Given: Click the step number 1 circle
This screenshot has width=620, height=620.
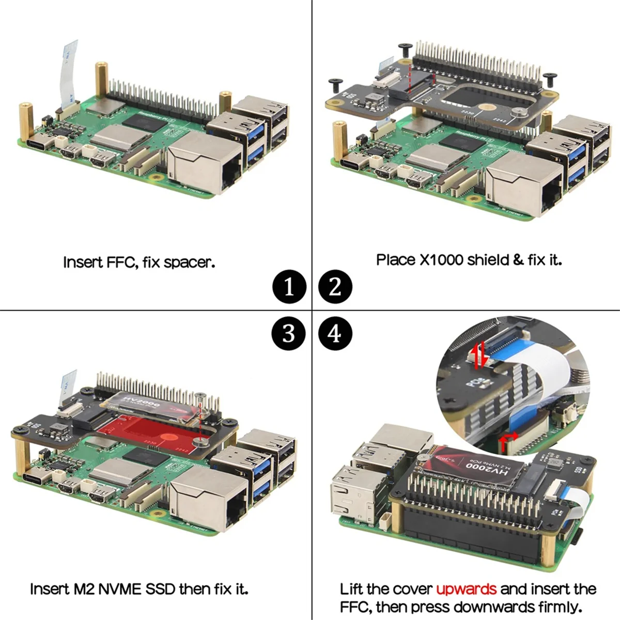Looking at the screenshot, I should (x=289, y=287).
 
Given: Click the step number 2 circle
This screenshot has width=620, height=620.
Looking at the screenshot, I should (x=335, y=287).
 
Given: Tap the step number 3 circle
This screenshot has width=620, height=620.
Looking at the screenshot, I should (x=289, y=333).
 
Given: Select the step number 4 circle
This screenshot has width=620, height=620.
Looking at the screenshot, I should (x=335, y=333).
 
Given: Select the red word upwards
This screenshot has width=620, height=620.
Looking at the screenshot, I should (x=466, y=589).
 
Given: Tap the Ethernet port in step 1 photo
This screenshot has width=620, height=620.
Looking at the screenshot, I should (x=207, y=164).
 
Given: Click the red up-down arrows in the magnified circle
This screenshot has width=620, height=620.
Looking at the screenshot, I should (x=480, y=355).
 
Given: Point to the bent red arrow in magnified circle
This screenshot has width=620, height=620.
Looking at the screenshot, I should (x=507, y=439).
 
